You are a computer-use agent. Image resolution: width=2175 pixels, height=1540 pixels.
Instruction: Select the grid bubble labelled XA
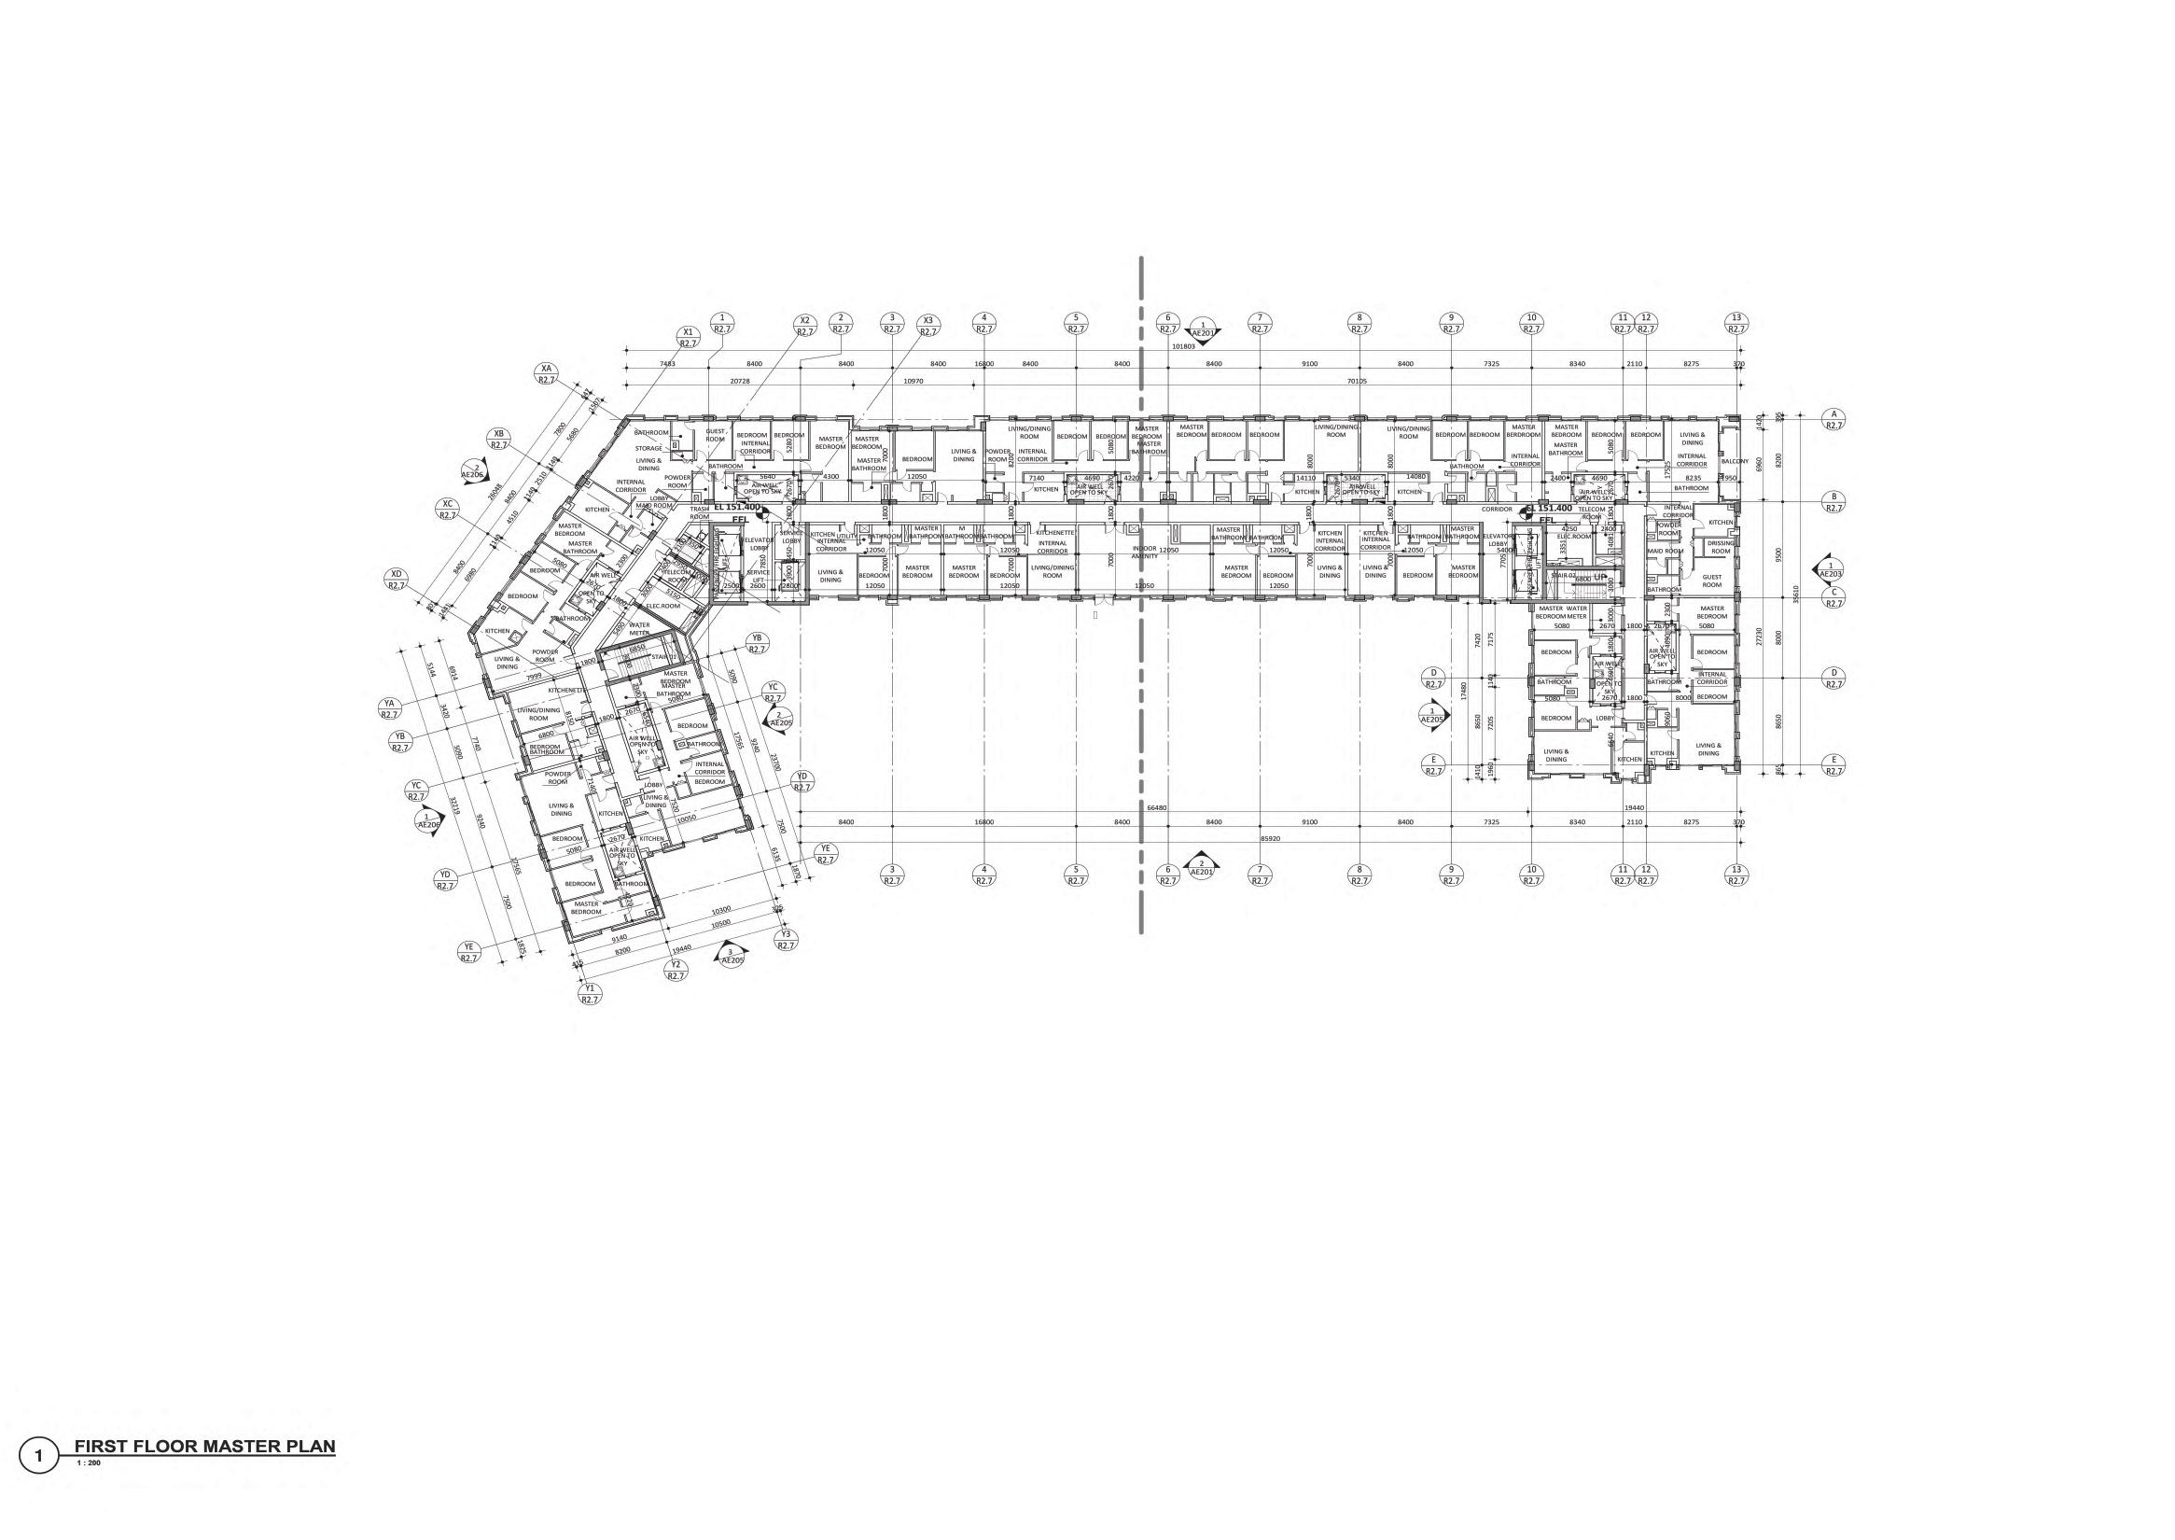click(545, 372)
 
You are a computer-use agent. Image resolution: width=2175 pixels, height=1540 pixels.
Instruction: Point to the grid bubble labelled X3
click(927, 325)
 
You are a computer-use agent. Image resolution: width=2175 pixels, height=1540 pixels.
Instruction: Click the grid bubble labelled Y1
click(589, 993)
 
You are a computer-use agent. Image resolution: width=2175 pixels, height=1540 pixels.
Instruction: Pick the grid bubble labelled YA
click(388, 707)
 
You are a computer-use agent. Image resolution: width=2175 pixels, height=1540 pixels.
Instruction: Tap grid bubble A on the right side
click(1833, 419)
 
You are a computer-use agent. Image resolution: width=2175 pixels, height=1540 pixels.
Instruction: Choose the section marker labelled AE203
click(1829, 570)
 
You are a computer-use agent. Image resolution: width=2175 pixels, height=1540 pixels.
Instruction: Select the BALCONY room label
click(1720, 461)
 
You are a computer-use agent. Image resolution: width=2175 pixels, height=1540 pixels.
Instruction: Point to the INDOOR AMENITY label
click(1144, 552)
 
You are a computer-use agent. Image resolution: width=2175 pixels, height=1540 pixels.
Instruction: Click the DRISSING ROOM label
click(1720, 547)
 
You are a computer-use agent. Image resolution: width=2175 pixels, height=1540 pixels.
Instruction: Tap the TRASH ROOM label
click(699, 513)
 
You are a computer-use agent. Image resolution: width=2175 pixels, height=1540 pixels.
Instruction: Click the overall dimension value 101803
click(1182, 347)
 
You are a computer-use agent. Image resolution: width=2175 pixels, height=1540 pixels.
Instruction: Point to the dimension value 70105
click(1358, 381)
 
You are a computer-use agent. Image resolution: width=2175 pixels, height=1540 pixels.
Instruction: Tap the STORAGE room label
click(648, 448)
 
